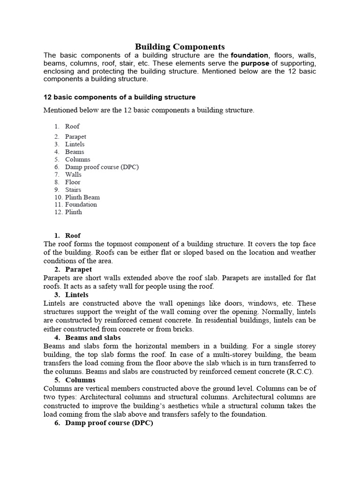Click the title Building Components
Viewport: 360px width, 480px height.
coord(180,46)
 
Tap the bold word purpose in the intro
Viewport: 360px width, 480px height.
coord(255,63)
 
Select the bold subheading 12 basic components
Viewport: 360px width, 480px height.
coord(120,97)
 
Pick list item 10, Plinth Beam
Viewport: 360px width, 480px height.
coord(82,197)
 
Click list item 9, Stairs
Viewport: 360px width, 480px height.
coord(73,190)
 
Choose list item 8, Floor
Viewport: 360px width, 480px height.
coord(73,182)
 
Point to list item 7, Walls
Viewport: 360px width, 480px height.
coord(73,174)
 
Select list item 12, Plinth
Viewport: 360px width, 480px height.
coord(74,212)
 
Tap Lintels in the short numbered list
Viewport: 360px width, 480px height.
coord(75,144)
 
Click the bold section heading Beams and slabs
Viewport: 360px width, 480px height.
coord(93,337)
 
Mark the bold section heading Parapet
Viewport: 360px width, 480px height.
coord(79,270)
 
